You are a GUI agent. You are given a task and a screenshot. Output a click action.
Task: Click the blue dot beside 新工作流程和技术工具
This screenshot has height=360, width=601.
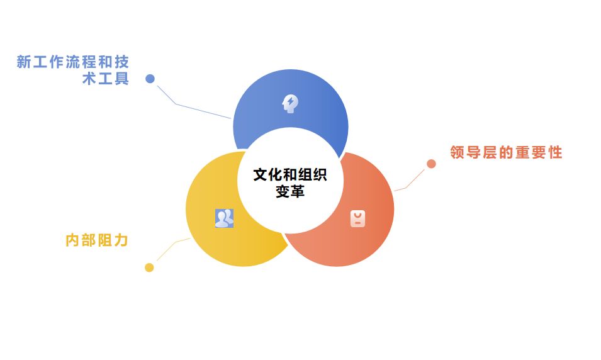pos(150,79)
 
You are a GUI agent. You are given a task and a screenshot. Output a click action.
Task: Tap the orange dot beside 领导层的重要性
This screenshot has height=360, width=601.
pos(431,164)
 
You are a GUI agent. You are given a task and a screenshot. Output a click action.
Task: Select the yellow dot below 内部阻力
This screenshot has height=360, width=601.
pos(149,267)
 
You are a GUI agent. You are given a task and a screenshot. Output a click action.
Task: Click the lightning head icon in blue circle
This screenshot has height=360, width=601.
pos(289,103)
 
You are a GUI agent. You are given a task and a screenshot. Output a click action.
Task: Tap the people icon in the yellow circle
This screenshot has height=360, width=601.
pos(224,218)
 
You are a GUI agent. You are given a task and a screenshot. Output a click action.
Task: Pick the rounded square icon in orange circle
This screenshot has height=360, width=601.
pos(357,218)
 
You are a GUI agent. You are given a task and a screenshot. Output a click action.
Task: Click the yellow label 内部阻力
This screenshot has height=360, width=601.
pos(97,240)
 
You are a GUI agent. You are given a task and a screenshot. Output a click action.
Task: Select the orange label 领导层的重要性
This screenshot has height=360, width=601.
pos(506,152)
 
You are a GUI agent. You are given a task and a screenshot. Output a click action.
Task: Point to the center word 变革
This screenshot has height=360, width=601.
pos(290,191)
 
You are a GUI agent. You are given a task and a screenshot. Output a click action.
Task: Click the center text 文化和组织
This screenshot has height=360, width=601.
pos(290,174)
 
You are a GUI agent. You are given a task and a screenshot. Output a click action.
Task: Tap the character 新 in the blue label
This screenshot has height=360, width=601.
pos(24,62)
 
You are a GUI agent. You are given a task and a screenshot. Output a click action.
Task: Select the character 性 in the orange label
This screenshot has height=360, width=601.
pos(555,152)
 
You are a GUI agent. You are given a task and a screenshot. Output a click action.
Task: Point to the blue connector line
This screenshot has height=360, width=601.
pos(189,107)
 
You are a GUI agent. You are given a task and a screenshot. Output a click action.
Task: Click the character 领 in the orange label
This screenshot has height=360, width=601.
pos(458,152)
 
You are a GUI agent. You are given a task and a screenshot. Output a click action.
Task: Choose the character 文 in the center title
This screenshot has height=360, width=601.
pos(261,174)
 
